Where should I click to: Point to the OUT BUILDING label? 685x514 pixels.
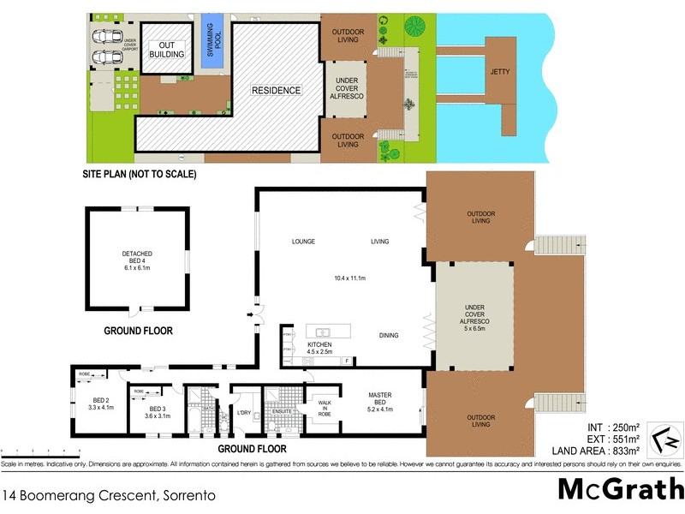(167, 50)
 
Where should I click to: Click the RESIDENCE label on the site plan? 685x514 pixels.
(275, 90)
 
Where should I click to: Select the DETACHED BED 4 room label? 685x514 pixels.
(138, 260)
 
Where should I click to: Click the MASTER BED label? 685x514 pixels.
(379, 399)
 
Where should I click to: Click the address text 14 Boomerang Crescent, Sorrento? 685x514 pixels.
(108, 494)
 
